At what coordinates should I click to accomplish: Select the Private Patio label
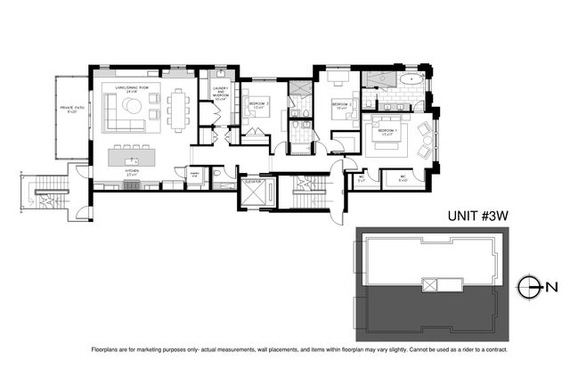click(x=71, y=109)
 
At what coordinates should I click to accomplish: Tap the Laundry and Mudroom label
click(x=220, y=93)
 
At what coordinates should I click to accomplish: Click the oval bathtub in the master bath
click(x=411, y=80)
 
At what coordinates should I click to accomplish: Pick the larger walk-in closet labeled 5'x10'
click(x=403, y=177)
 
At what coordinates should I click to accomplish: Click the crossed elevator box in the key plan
click(x=430, y=285)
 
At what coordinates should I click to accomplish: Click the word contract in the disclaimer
click(x=468, y=348)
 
